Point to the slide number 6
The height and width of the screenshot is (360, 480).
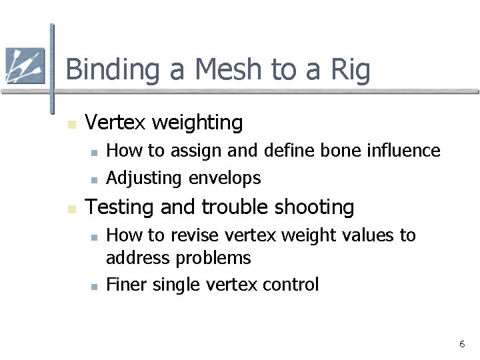point(461,344)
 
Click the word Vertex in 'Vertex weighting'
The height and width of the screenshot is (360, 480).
point(117,123)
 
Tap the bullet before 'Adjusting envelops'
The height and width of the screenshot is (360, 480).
point(94,179)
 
